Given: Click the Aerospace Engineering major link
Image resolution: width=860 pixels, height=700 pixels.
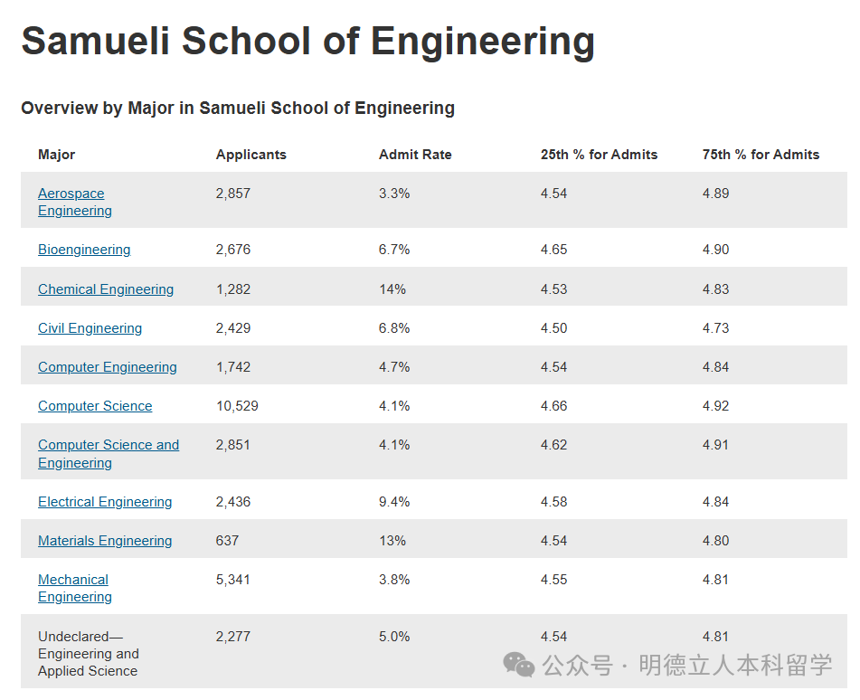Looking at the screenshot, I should coord(74,202).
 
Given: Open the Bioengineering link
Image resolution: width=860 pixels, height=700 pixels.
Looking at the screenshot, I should coord(84,250).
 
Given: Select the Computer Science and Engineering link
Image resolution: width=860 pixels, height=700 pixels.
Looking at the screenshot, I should coord(108,453).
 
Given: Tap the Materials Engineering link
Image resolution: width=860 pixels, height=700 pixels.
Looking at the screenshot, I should coord(105,541).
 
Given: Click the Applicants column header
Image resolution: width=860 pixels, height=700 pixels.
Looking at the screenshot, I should coord(250,155).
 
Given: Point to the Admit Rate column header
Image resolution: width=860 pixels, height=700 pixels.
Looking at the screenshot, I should coord(415,155).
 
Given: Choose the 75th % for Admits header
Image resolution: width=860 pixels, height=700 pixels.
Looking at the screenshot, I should coord(761,155).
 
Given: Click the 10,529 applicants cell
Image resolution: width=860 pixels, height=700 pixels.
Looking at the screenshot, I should coord(237,406).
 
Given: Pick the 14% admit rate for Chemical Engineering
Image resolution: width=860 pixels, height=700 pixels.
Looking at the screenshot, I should coord(392,289).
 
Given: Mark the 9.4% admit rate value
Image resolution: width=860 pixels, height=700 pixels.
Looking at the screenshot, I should coord(394,502).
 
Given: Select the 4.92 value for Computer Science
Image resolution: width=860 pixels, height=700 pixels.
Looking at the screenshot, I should coord(715,406).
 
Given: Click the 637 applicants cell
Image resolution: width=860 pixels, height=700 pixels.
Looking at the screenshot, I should coord(227,541).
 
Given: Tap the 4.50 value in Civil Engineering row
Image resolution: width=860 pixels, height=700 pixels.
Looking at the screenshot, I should coord(553,328).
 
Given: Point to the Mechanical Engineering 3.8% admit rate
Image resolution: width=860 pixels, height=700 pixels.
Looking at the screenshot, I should coord(394,580).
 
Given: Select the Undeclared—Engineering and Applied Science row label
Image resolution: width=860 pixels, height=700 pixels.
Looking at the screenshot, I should coord(88,653).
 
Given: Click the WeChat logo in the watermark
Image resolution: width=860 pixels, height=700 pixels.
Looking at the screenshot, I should coord(519,666).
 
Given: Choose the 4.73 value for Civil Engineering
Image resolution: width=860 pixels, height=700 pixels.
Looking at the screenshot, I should coord(715,328).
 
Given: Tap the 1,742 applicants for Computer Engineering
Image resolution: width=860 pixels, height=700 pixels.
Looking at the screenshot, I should coord(233,367).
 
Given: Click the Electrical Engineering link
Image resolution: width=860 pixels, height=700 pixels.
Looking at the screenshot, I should coord(105,502).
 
